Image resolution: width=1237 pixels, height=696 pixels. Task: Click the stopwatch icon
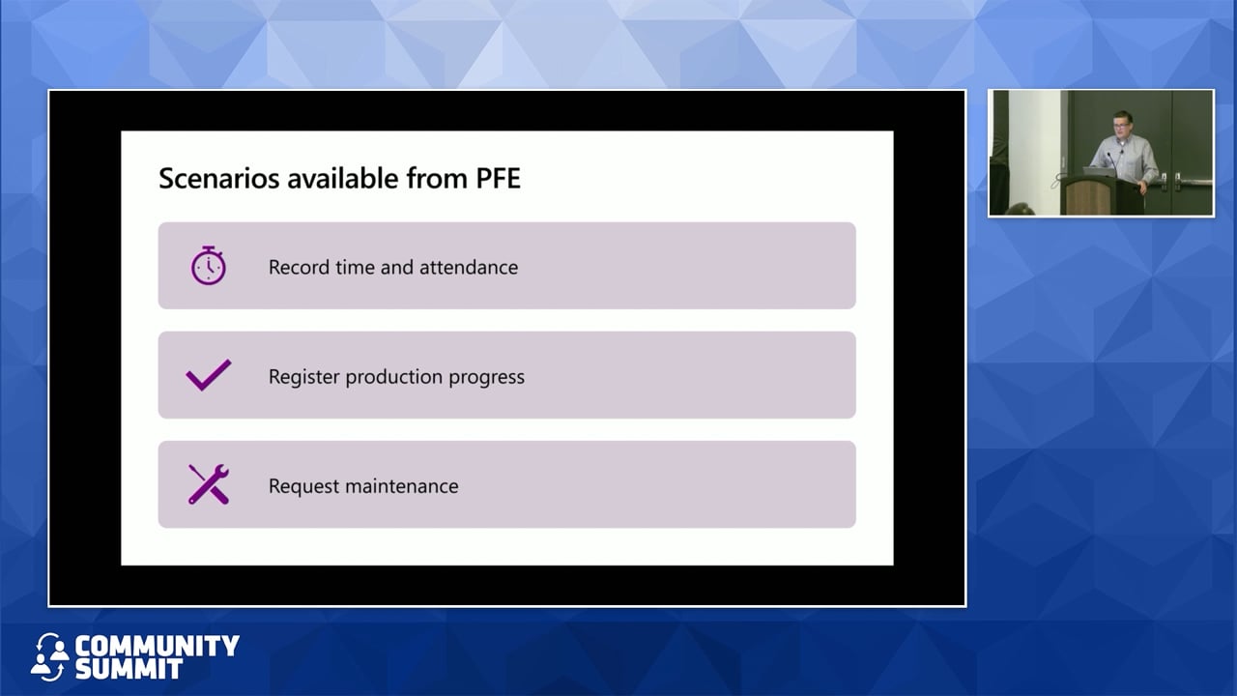208,266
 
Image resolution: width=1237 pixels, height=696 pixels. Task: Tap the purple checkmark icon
209,375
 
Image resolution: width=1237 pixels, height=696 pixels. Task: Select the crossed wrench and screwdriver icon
208,484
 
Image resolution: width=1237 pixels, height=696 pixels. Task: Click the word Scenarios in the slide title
219,178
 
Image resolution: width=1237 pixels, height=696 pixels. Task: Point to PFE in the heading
498,178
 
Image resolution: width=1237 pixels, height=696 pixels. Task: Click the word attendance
469,268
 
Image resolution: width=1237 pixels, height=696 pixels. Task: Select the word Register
303,377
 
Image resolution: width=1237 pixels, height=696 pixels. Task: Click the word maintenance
403,486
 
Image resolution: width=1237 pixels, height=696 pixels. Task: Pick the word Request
303,486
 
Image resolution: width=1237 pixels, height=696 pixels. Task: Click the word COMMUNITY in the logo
157,645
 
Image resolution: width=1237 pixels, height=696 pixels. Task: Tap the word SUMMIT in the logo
129,669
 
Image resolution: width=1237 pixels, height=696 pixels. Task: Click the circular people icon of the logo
49,656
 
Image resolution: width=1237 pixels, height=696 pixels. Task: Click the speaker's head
1122,125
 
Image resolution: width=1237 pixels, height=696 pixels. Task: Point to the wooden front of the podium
1087,197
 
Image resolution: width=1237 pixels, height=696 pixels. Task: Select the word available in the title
342,178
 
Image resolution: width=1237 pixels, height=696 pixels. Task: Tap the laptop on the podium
1100,172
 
